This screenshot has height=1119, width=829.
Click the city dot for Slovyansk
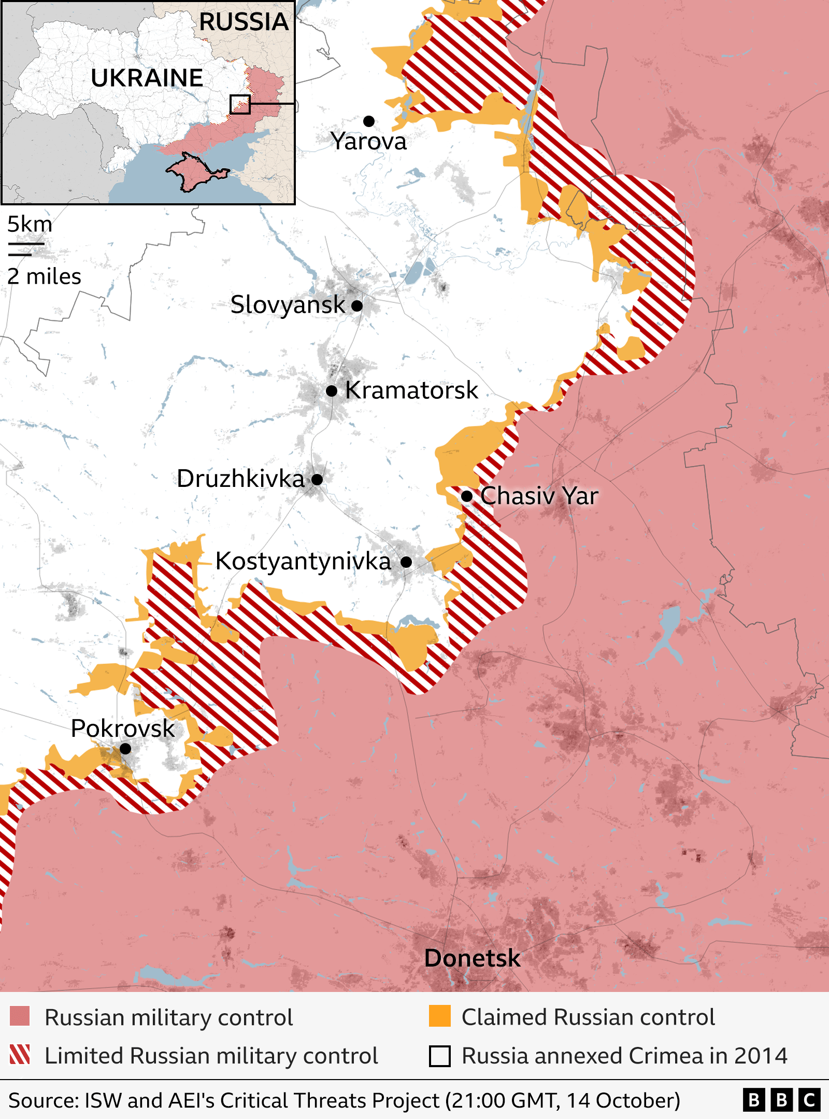tap(357, 305)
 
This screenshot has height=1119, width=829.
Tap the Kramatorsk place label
tap(411, 390)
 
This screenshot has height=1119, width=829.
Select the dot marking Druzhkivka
tap(317, 479)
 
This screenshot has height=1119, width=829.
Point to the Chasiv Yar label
tap(539, 496)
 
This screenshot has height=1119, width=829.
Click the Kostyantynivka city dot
tap(406, 562)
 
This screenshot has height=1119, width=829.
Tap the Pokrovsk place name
tap(122, 728)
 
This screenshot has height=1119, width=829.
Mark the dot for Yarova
tap(369, 121)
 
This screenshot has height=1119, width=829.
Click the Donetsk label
tap(472, 958)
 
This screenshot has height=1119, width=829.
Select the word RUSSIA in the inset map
tap(244, 22)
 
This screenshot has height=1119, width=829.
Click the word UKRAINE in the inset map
tap(147, 78)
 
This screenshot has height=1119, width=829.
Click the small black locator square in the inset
tap(240, 104)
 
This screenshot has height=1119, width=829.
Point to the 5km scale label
tap(30, 225)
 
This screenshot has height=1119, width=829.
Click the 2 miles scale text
tap(44, 276)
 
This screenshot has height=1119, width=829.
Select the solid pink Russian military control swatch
tap(20, 1017)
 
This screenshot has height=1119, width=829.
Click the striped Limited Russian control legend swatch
tap(20, 1055)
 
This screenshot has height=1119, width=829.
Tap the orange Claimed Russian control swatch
tap(439, 1016)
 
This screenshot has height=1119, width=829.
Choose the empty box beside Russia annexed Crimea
tap(439, 1056)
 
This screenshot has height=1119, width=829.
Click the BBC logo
tap(781, 1100)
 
